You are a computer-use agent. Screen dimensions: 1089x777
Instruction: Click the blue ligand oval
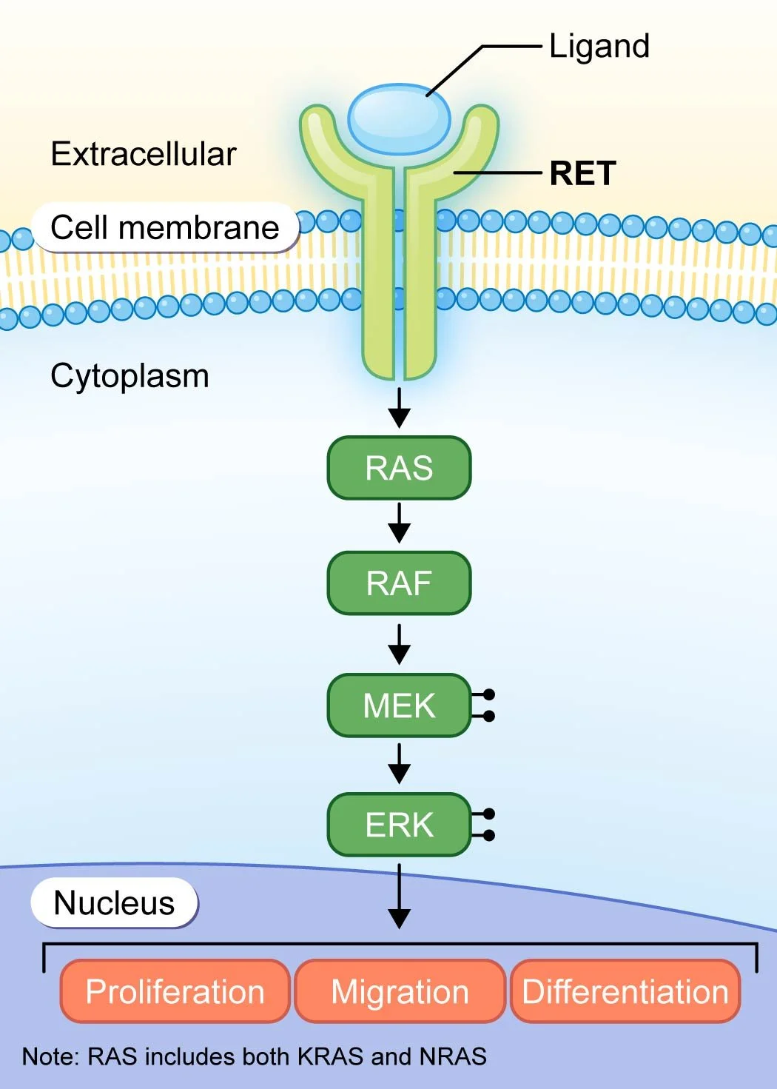399,118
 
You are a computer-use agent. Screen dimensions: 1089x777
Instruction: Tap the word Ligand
599,47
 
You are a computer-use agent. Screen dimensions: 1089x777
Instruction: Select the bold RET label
582,174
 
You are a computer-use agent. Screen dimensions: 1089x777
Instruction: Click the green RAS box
399,468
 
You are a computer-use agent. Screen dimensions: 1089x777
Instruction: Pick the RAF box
399,583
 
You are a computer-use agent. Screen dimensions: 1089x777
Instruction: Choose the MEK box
399,706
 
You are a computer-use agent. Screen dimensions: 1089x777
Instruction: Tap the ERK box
399,825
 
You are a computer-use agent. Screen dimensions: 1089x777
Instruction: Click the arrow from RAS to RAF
399,523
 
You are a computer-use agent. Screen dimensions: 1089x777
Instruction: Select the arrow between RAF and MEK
399,644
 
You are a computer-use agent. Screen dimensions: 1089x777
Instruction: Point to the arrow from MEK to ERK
399,764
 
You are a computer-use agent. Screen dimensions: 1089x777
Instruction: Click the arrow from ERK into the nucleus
399,896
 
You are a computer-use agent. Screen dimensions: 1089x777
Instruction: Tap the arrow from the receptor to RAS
399,407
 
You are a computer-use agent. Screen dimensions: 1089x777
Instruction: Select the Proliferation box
175,992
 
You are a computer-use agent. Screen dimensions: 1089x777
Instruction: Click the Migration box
400,992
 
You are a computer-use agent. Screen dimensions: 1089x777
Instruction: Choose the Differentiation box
625,992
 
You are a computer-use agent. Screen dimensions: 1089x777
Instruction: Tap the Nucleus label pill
115,903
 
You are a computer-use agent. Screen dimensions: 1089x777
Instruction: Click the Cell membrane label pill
165,227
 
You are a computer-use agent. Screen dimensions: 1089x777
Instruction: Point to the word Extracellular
144,155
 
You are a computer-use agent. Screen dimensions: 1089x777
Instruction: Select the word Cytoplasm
129,376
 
